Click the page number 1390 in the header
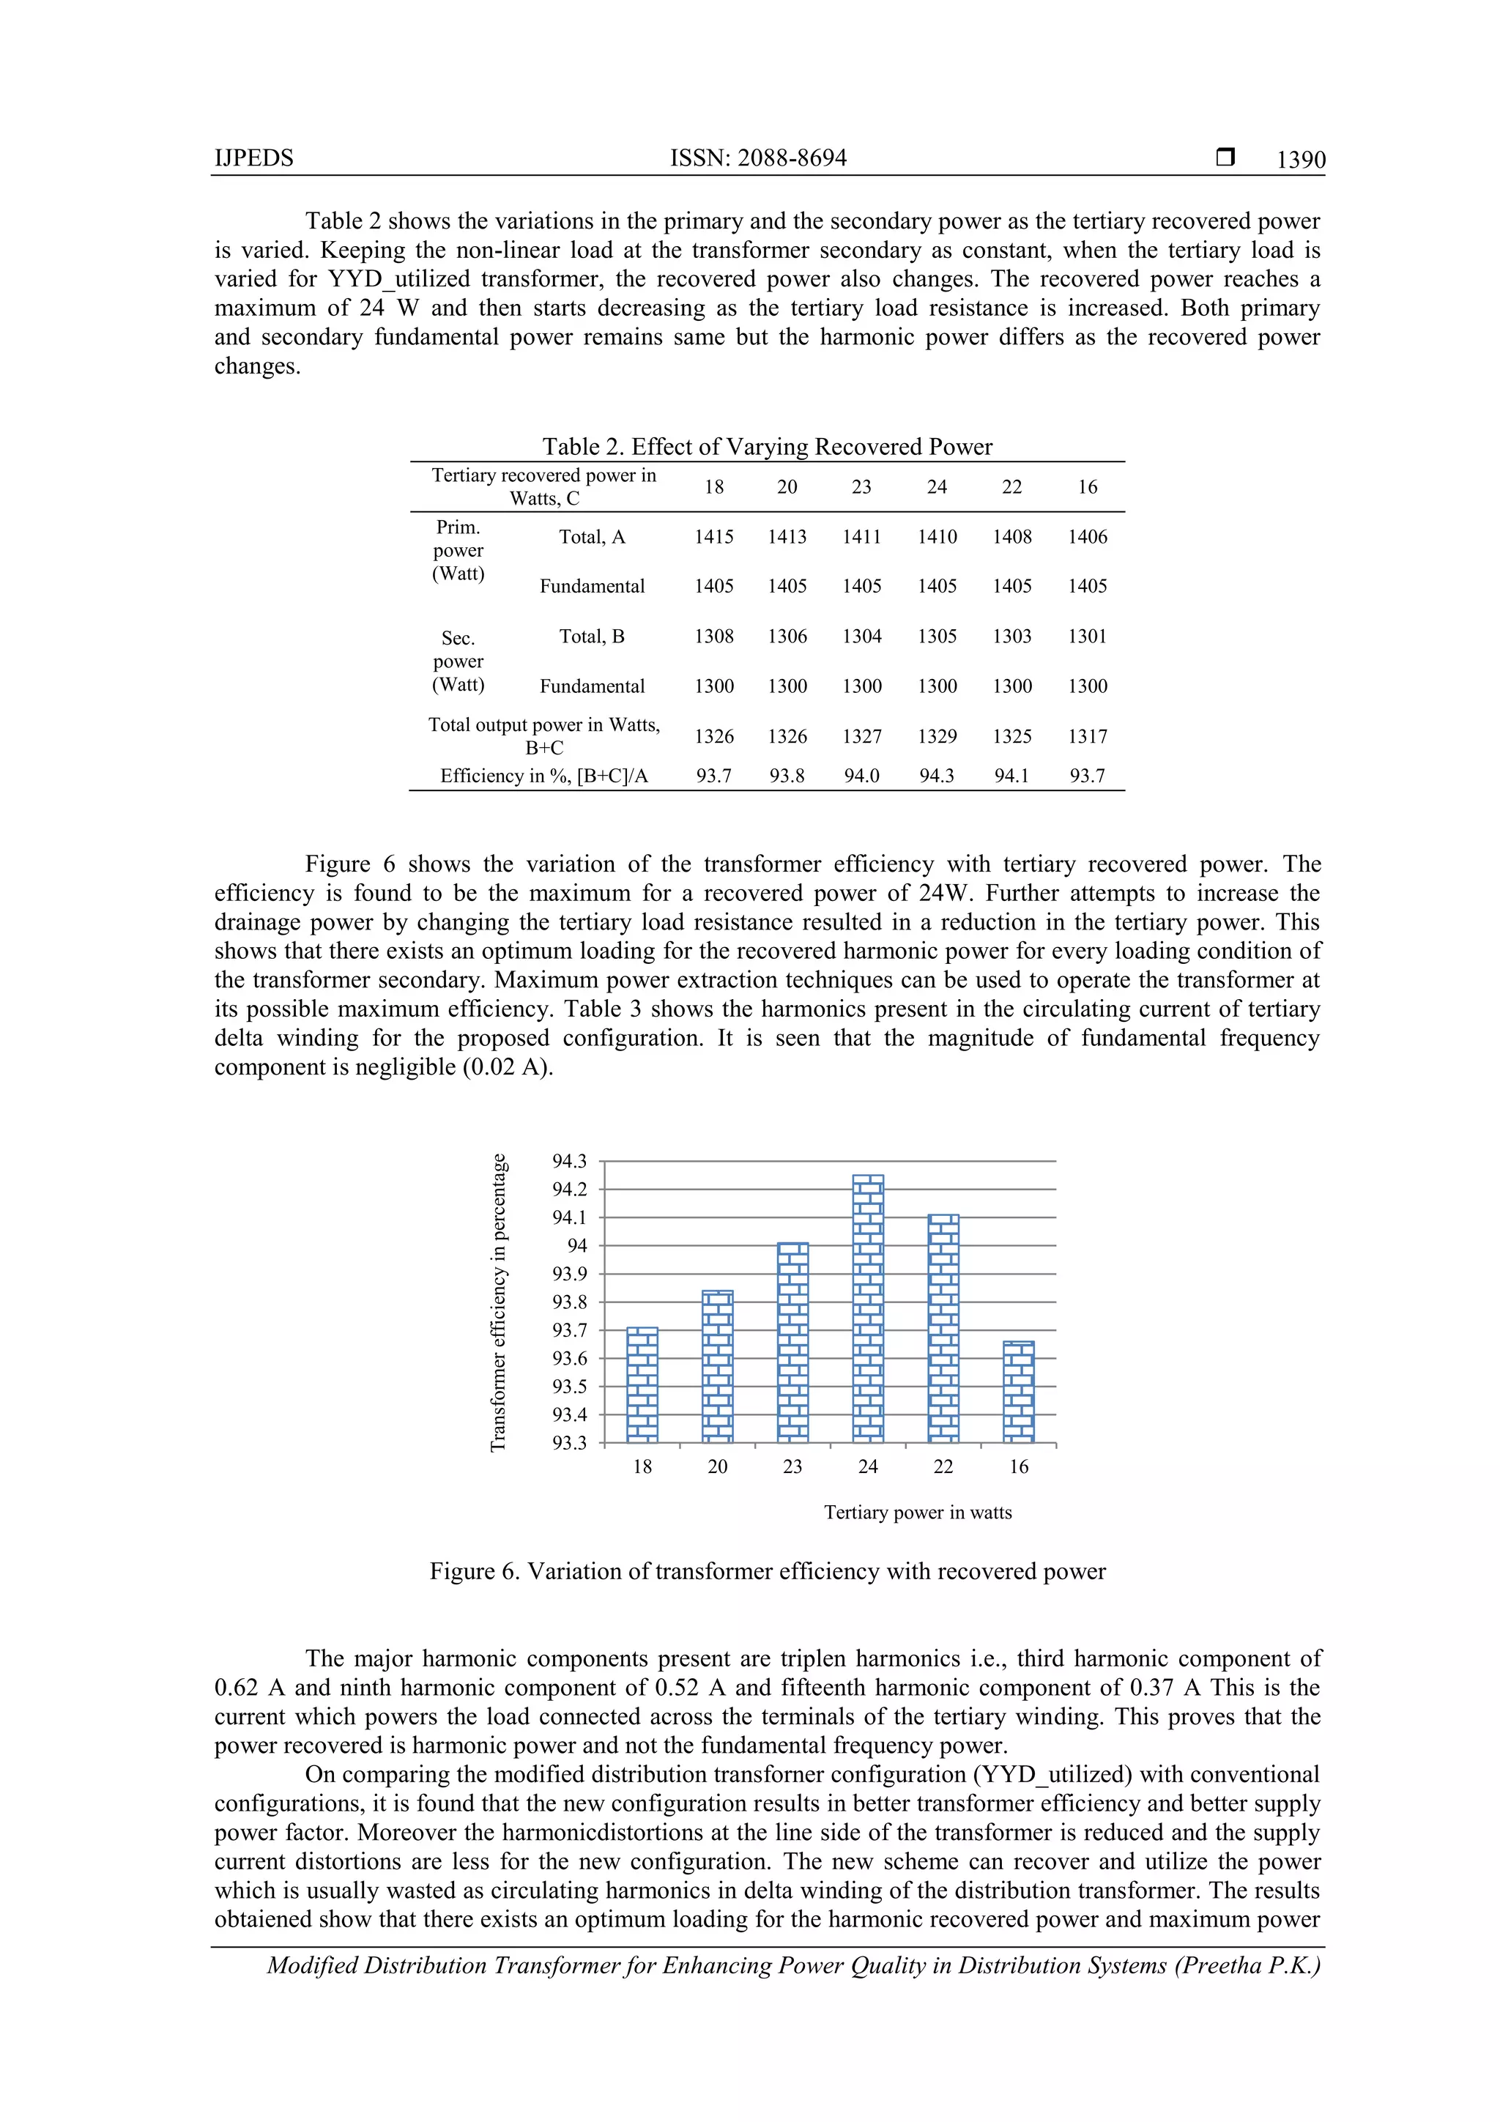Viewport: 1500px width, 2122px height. (x=1299, y=160)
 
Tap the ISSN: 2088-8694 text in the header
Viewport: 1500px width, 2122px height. (x=758, y=158)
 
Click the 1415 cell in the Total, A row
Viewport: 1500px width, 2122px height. (x=713, y=537)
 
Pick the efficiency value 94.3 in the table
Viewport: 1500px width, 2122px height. (x=936, y=776)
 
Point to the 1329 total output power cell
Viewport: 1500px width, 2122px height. (x=936, y=737)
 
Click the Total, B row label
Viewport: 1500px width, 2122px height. (x=592, y=636)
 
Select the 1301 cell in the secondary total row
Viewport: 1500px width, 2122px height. (x=1087, y=636)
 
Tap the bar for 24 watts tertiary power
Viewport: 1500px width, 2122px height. (x=868, y=1307)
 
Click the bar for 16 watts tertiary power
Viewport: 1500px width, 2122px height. (x=1019, y=1392)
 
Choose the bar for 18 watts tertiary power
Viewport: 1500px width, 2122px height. (x=642, y=1384)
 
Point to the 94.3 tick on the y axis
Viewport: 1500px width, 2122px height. (x=569, y=1161)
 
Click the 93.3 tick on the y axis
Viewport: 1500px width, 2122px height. (x=569, y=1443)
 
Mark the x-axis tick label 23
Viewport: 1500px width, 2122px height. (x=793, y=1466)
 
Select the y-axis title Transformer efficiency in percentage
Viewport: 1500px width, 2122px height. (x=498, y=1303)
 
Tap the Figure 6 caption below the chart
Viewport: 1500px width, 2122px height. (x=767, y=1571)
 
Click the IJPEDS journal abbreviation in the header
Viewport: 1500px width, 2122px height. (x=254, y=158)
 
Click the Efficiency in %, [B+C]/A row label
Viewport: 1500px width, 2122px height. (x=543, y=776)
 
